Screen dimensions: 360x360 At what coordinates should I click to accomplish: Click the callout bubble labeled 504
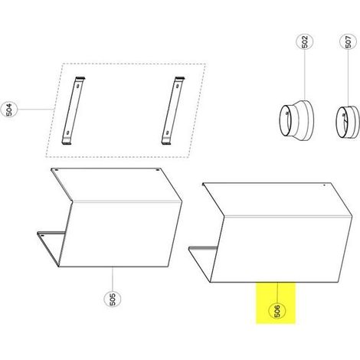tap(9, 110)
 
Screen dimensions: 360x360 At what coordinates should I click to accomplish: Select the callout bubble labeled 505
tap(113, 299)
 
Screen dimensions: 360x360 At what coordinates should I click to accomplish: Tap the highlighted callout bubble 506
tap(277, 311)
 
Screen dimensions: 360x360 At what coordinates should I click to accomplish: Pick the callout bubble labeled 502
tap(305, 42)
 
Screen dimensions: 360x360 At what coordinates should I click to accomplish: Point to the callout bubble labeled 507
tap(349, 42)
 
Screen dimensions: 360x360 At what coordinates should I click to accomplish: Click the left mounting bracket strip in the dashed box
tap(73, 111)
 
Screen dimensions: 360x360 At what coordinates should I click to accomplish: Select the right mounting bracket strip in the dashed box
tap(173, 111)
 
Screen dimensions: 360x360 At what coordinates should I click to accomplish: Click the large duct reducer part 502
tap(296, 120)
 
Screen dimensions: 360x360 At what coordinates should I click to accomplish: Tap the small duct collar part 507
tap(348, 122)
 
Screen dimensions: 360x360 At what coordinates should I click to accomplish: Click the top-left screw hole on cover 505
tap(57, 170)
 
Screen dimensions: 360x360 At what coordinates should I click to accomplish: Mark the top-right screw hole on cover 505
tap(158, 170)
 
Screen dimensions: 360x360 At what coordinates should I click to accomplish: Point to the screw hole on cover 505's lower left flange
tap(42, 235)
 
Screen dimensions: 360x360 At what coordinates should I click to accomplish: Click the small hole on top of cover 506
tap(324, 185)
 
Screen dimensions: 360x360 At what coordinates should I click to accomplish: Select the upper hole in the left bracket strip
tap(77, 86)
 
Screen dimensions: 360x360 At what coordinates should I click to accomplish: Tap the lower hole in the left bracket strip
tap(67, 133)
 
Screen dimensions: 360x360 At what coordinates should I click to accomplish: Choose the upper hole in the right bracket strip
tap(177, 86)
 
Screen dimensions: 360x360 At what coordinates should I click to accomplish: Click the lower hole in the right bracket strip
tap(167, 133)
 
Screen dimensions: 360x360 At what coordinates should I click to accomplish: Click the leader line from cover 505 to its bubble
tap(113, 279)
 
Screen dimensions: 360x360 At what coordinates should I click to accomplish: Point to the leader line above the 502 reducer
tap(305, 75)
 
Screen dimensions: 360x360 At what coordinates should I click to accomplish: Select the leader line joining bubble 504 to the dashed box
tap(35, 110)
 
